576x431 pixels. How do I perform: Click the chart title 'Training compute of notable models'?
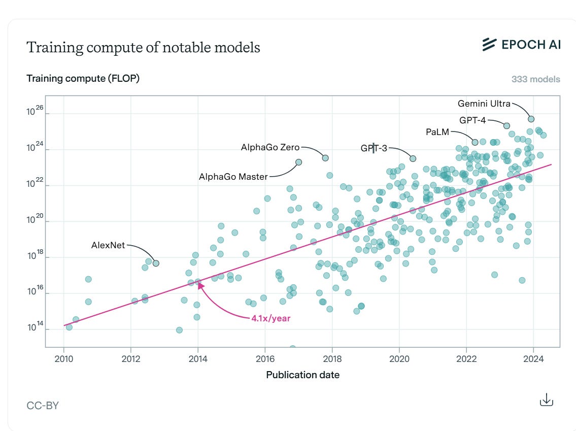click(x=143, y=47)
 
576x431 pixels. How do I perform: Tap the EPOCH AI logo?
click(x=521, y=45)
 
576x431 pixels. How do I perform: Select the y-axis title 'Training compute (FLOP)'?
click(x=83, y=78)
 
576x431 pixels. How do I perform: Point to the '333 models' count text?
click(x=536, y=79)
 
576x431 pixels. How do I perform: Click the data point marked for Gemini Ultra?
click(x=531, y=119)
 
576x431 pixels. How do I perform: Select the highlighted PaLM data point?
click(x=475, y=142)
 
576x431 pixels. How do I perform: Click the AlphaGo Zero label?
click(x=270, y=148)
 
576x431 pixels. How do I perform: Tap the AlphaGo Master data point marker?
click(x=298, y=162)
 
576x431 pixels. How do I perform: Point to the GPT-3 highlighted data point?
click(x=413, y=158)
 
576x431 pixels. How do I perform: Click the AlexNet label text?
click(x=108, y=245)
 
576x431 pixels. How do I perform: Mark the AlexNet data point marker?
click(x=156, y=263)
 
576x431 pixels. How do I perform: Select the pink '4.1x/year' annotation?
click(x=270, y=319)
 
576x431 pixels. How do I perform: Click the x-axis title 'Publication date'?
click(x=302, y=375)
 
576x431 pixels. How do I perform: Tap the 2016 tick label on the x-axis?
click(x=265, y=358)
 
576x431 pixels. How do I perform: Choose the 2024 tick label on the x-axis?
click(x=533, y=358)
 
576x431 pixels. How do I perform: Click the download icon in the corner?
click(x=546, y=400)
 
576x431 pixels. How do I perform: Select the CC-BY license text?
click(x=43, y=405)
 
